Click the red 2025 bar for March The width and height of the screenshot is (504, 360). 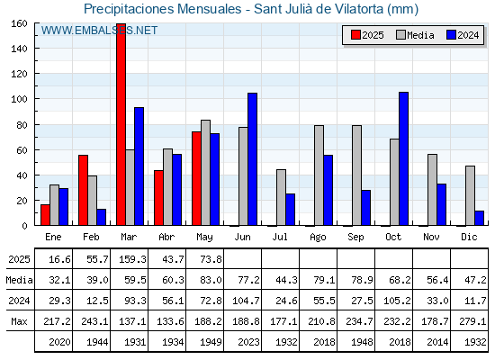pos(121,124)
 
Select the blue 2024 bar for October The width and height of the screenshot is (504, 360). pos(404,158)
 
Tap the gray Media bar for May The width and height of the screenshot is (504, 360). pos(206,173)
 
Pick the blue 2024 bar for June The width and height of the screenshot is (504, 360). pos(252,159)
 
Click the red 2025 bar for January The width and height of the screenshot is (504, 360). pos(45,215)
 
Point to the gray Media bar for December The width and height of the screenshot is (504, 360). pos(470,195)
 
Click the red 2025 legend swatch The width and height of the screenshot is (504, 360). pos(355,35)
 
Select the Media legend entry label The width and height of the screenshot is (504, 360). pos(420,35)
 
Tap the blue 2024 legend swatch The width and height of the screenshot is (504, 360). pos(451,35)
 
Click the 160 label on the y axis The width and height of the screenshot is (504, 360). pos(19,23)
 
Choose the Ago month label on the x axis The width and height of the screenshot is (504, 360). pos(318,238)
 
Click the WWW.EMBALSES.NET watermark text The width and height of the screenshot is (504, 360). pos(99,31)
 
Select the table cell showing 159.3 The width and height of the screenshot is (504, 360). pos(132,259)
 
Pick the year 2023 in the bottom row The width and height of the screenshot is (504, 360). pos(248,342)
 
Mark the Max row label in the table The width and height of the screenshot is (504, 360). pos(19,321)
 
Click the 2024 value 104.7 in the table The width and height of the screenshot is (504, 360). pos(246,301)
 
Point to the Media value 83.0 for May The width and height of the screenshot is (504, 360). pos(211,280)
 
